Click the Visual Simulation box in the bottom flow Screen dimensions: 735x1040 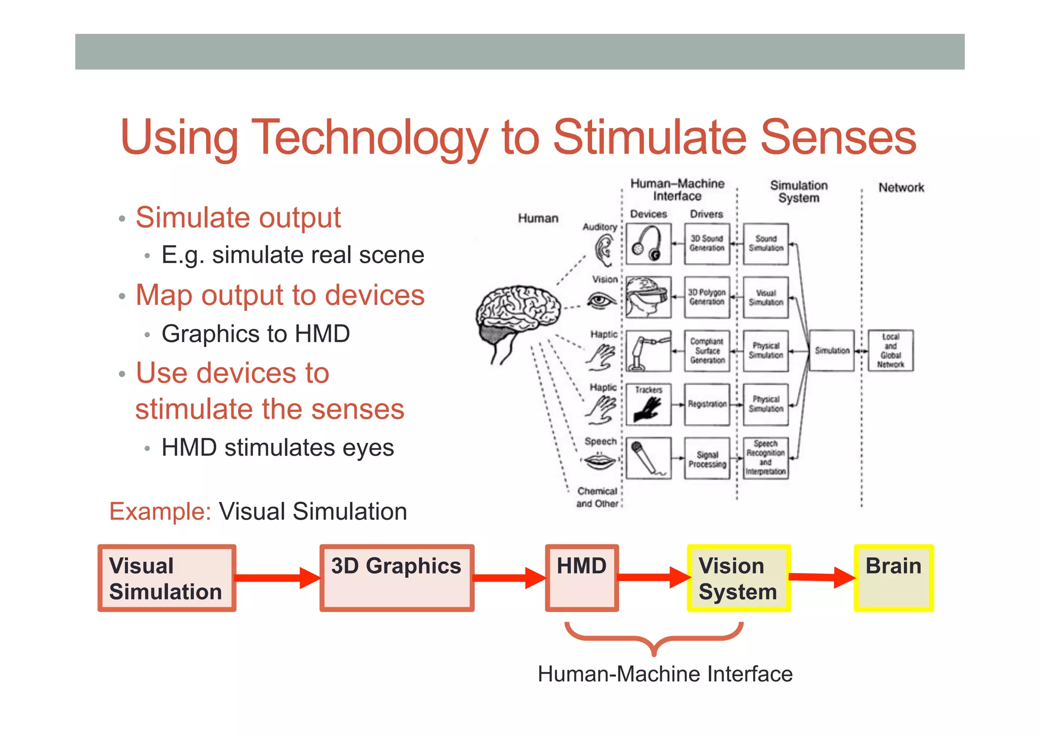167,578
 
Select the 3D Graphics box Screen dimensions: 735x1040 397,578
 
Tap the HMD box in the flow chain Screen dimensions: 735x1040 582,578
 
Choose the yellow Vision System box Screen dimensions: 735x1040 738,578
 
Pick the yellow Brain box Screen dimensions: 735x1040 894,578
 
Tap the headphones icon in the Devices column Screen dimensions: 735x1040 648,244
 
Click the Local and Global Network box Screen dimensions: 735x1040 890,350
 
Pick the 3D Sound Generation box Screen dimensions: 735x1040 707,244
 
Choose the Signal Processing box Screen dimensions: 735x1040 707,459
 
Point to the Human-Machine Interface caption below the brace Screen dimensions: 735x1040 665,674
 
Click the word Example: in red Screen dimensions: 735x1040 160,512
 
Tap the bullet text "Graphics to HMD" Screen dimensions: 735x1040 255,334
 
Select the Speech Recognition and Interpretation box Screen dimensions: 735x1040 766,458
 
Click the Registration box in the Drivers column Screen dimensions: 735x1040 707,404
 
